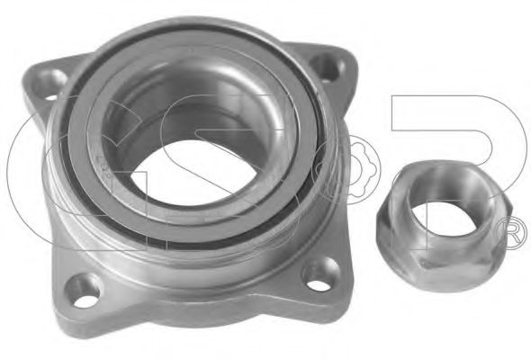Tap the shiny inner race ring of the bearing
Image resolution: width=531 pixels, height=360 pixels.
point(261,189)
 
